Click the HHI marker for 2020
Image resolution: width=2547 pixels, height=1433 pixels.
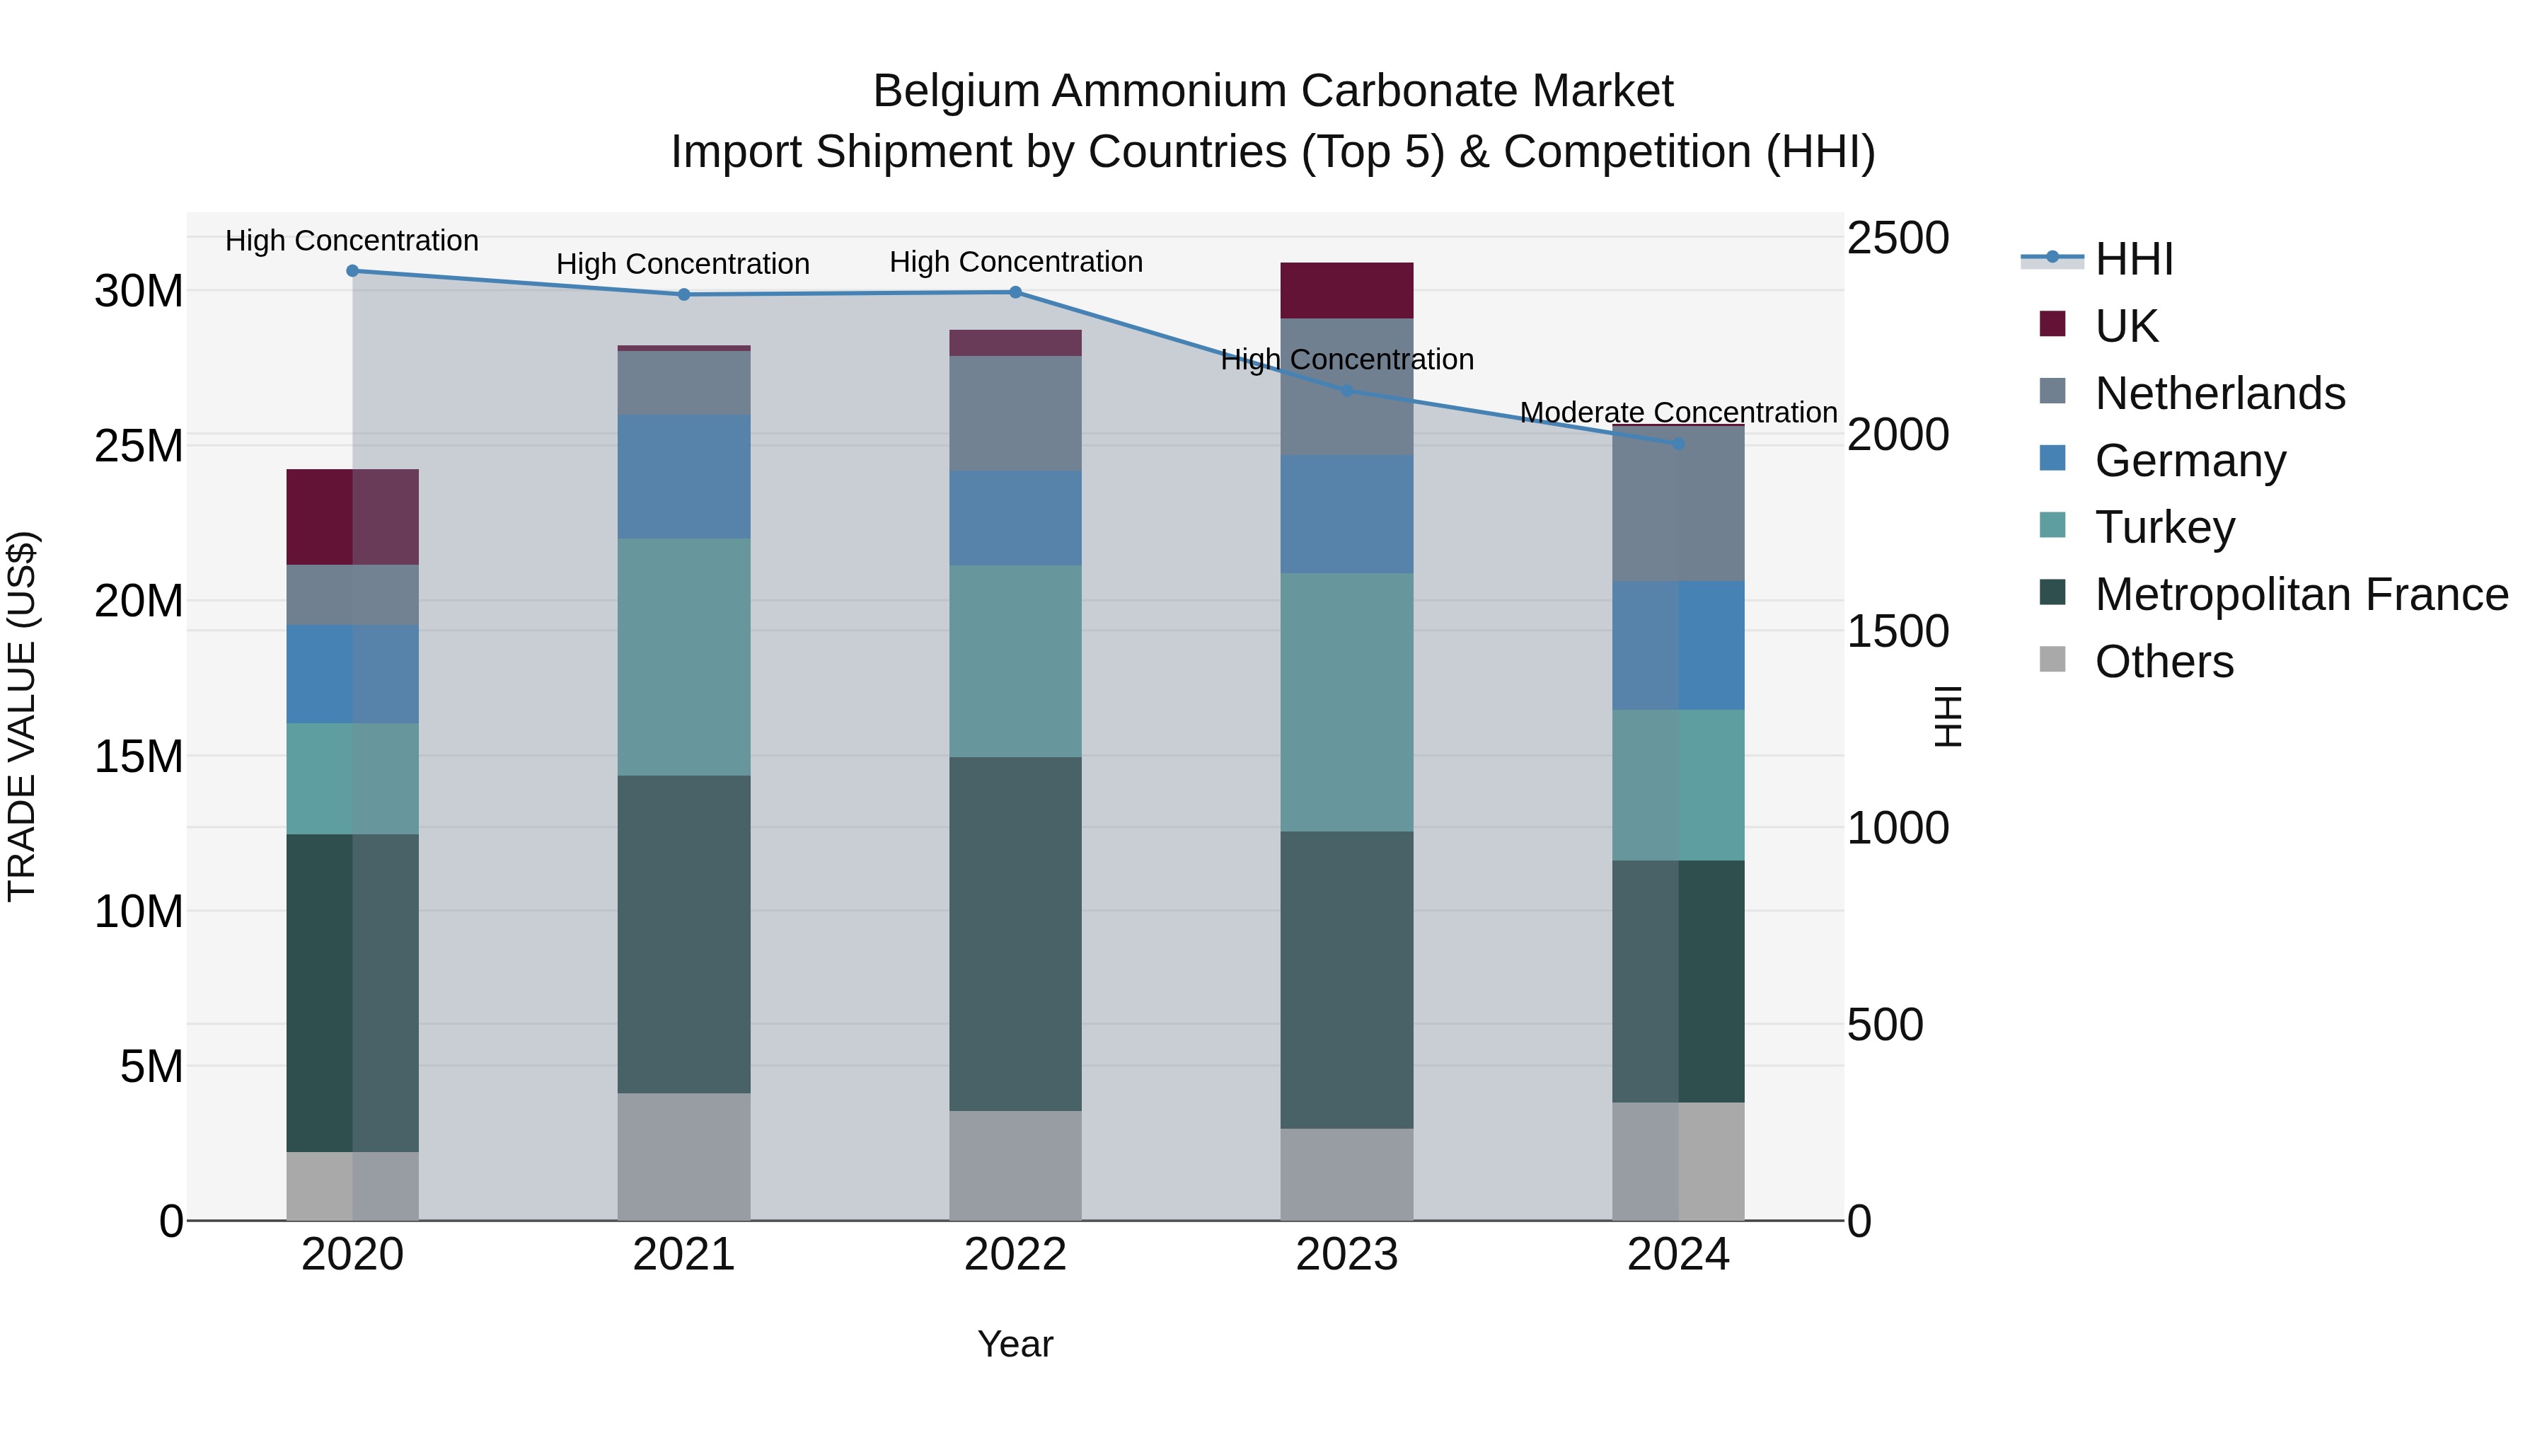[x=352, y=271]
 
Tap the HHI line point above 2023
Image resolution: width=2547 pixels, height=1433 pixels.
[x=1346, y=391]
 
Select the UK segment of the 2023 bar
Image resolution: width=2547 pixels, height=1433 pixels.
[x=1346, y=291]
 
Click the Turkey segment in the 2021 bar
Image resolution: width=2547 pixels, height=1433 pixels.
[x=683, y=657]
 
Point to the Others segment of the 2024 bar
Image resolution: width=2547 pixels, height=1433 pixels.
[x=1678, y=1161]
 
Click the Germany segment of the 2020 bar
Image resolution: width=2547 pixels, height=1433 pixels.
[x=352, y=674]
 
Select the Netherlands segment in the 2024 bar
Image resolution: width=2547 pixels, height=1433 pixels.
[x=1678, y=505]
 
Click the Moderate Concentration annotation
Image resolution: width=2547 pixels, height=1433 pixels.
[x=1678, y=413]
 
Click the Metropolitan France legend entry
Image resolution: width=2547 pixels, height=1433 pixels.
[x=2301, y=594]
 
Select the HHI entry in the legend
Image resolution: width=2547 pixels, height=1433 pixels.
[x=2134, y=259]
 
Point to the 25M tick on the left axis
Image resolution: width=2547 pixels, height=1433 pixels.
[x=139, y=446]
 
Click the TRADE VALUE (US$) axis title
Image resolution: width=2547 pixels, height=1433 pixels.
[x=22, y=716]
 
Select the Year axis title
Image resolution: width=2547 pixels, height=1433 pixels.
[x=1015, y=1344]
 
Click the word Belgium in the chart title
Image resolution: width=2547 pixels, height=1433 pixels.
[x=955, y=91]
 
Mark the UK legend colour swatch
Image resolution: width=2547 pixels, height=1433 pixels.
[x=2052, y=324]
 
